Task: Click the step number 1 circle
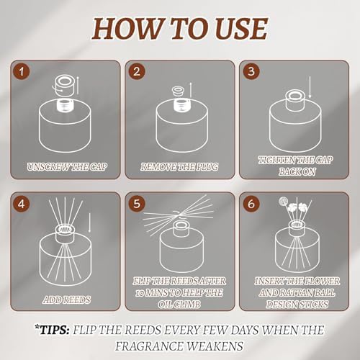click(x=22, y=71)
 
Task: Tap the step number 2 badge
click(x=137, y=71)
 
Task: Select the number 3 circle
click(x=251, y=71)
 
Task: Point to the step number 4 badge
click(x=22, y=204)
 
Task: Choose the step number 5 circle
click(x=137, y=204)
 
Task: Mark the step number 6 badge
click(x=251, y=204)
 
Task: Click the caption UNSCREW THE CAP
click(x=67, y=167)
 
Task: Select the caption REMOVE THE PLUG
click(x=179, y=167)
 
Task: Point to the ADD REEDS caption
click(x=67, y=300)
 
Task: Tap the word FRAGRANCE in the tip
click(x=149, y=346)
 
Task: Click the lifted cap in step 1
click(x=65, y=85)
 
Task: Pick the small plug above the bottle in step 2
click(x=178, y=91)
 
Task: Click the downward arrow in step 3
click(x=310, y=87)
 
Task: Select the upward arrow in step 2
click(x=191, y=90)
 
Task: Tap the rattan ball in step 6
click(x=283, y=202)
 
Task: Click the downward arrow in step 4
click(x=89, y=223)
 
